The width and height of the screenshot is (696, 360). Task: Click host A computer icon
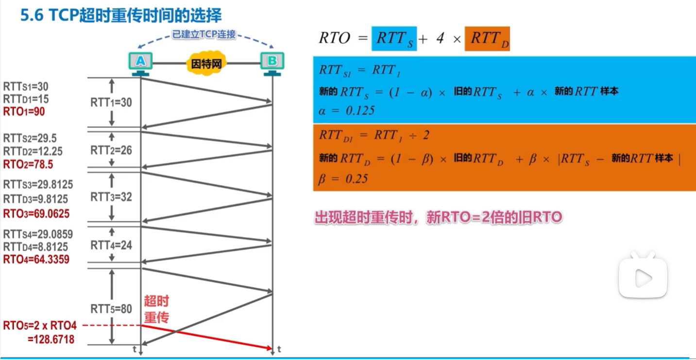pyautogui.click(x=140, y=64)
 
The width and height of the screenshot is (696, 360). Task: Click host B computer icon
pyautogui.click(x=272, y=64)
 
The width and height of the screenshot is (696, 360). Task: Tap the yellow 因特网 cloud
pyautogui.click(x=206, y=64)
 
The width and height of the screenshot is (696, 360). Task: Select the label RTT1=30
pyautogui.click(x=111, y=103)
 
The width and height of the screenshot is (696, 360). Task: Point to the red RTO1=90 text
pyautogui.click(x=24, y=111)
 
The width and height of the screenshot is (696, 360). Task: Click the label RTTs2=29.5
pyautogui.click(x=30, y=138)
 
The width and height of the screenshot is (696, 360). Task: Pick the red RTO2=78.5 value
pyautogui.click(x=28, y=164)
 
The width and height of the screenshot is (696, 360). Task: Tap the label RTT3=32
pyautogui.click(x=111, y=197)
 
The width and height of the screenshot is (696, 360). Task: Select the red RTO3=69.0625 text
pyautogui.click(x=36, y=214)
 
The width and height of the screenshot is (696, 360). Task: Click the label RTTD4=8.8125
pyautogui.click(x=35, y=247)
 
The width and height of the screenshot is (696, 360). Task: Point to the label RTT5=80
pyautogui.click(x=111, y=309)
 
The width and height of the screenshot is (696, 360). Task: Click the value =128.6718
pyautogui.click(x=51, y=339)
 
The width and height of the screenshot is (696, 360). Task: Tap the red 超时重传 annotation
pyautogui.click(x=156, y=309)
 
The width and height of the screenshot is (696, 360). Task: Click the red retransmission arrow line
pyautogui.click(x=206, y=337)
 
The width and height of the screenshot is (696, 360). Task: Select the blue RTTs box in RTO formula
pyautogui.click(x=394, y=38)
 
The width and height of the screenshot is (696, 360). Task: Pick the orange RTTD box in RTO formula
pyautogui.click(x=487, y=38)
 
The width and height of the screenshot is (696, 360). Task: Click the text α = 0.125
pyautogui.click(x=346, y=110)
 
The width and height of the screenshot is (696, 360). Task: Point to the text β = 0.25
pyautogui.click(x=343, y=179)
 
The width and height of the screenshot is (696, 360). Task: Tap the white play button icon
pyautogui.click(x=643, y=277)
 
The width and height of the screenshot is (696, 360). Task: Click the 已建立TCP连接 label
pyautogui.click(x=204, y=34)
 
